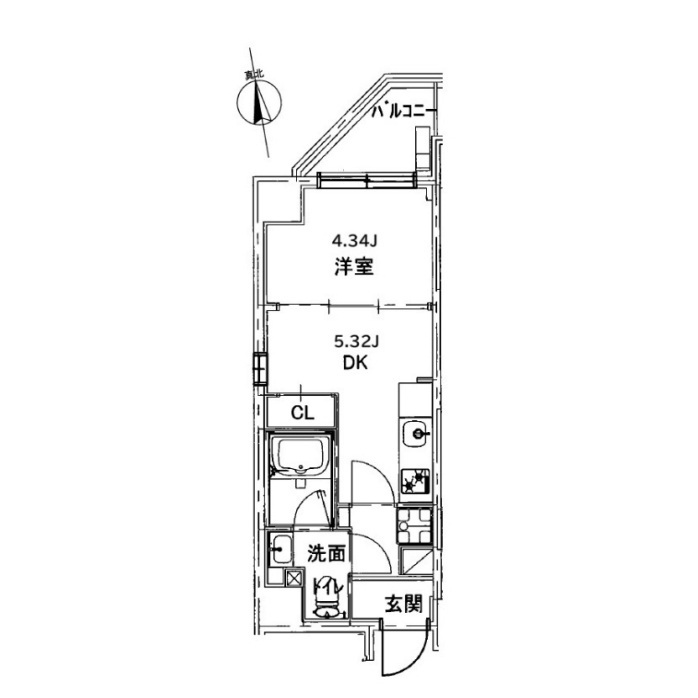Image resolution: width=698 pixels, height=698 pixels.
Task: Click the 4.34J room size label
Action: pos(355,241)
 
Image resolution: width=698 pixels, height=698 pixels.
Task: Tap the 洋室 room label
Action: pos(354,267)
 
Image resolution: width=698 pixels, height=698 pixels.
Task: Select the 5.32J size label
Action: pos(356,341)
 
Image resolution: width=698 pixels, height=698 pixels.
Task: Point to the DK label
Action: pos(355,363)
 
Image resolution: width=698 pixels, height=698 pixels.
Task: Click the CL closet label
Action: pos(303,413)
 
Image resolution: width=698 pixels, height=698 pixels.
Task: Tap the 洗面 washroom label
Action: pos(326,554)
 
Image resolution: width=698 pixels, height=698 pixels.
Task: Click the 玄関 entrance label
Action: pos(403,604)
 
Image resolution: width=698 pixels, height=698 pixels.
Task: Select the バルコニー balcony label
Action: pos(402,110)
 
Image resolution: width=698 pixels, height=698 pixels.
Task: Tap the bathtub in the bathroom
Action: pos(301,457)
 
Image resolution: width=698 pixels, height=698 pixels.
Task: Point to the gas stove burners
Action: pos(416,481)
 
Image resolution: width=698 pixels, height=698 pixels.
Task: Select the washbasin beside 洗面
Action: pos(281,550)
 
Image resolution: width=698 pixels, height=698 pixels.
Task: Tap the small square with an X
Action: pos(293,578)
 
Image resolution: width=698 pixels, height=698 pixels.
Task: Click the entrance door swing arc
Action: pos(414,666)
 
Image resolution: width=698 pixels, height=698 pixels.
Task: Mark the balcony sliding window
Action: pos(367,181)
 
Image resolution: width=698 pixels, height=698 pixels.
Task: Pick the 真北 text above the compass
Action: pos(254,75)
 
